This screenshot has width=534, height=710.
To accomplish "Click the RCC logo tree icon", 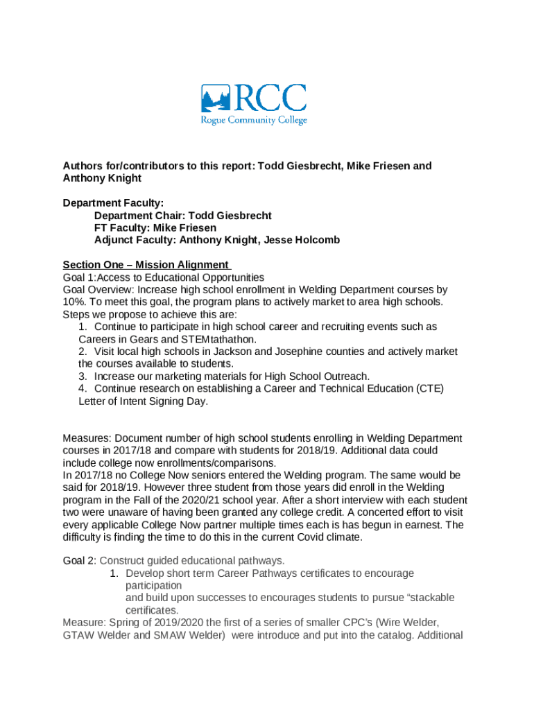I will (x=216, y=98).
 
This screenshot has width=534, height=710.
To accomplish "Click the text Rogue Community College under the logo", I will (x=254, y=120).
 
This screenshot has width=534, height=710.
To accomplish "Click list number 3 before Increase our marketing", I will (x=82, y=376).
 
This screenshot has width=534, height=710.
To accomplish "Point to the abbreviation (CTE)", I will (x=430, y=388).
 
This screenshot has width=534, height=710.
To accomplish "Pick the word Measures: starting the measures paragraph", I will (x=87, y=438).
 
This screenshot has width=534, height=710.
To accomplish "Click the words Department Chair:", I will (x=137, y=216).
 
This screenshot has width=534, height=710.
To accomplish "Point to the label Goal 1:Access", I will (x=89, y=277).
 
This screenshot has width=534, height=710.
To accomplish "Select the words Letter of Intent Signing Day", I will (x=143, y=401).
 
